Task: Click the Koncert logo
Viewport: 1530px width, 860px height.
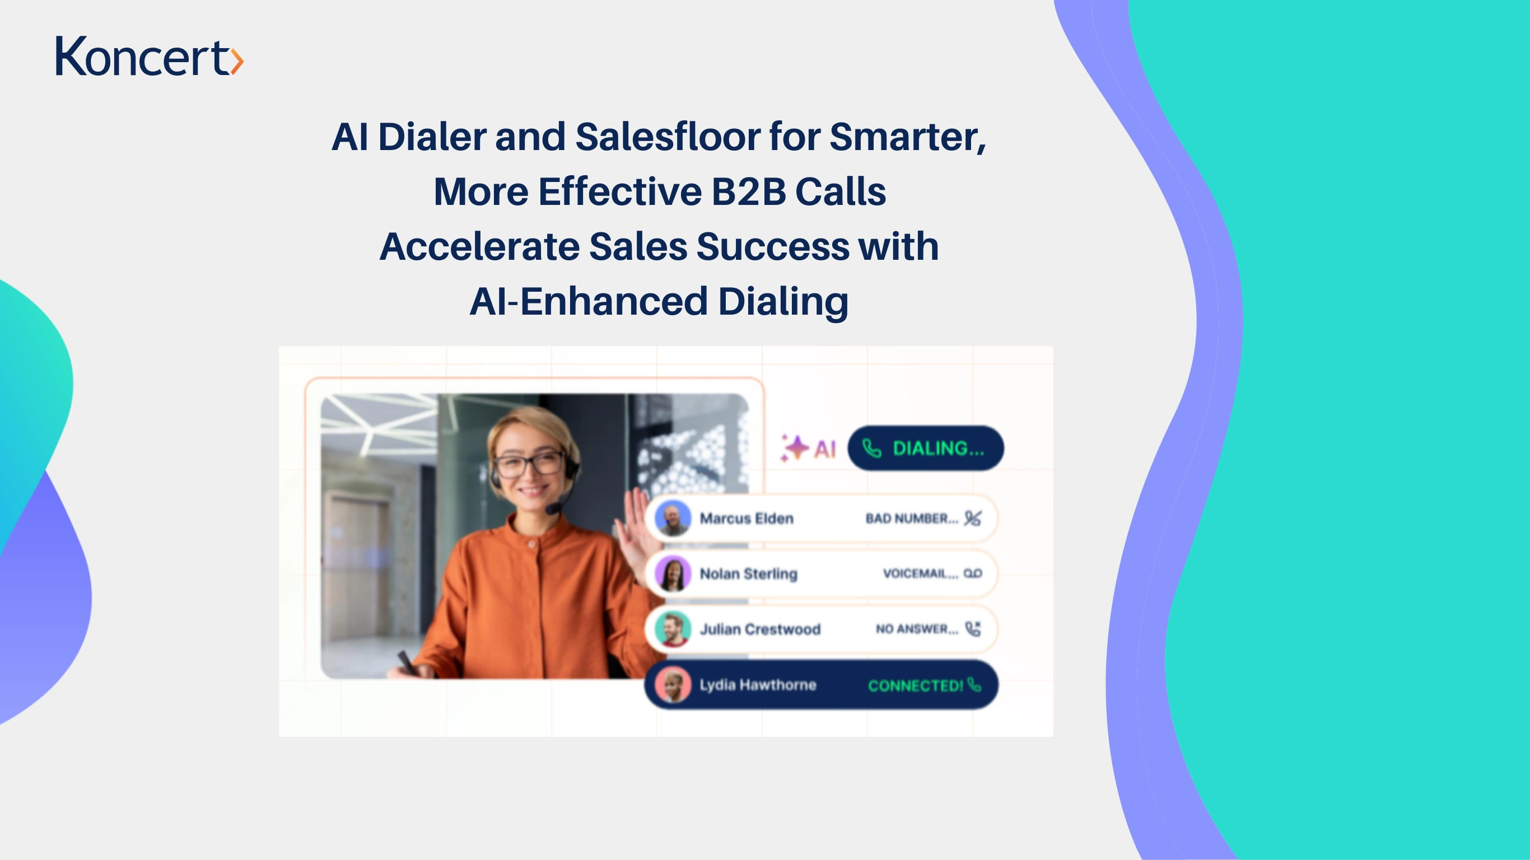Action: coord(150,56)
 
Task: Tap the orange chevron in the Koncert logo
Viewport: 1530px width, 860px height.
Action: coord(237,61)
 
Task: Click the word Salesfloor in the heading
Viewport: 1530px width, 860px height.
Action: coord(667,137)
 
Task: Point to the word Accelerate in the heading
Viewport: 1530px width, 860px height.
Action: coord(479,246)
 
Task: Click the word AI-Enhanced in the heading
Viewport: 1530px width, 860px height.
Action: coord(589,301)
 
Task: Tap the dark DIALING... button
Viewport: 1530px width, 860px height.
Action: coord(925,448)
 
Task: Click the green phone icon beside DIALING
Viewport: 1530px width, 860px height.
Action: coord(871,448)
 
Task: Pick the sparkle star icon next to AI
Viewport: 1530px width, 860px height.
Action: coord(795,448)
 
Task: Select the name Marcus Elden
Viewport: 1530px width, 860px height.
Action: coord(747,518)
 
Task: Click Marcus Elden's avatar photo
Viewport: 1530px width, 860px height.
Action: coord(673,518)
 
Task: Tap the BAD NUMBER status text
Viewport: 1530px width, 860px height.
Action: coord(912,518)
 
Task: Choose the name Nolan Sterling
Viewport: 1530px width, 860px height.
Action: coord(748,574)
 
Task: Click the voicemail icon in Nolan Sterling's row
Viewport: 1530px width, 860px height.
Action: coord(973,573)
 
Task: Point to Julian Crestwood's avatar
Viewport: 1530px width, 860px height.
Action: coord(673,629)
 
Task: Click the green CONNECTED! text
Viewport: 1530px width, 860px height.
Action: coord(915,685)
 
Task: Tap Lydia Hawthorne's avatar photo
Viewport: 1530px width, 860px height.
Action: coord(673,685)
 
